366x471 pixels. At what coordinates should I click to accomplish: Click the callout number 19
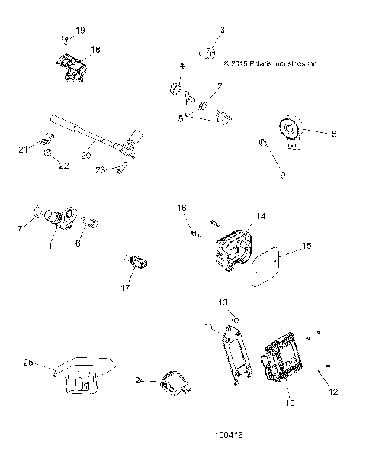81,30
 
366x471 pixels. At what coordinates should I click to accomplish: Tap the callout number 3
222,30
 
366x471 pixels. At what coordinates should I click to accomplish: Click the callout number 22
64,166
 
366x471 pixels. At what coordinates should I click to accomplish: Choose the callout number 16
181,208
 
